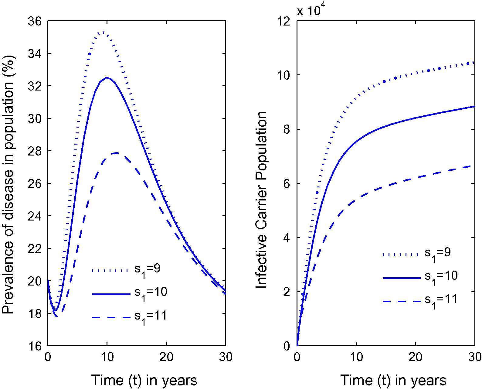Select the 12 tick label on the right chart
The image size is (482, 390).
pos(282,21)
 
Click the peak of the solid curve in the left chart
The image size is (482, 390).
pos(107,77)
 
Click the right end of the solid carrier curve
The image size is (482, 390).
pos(474,106)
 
